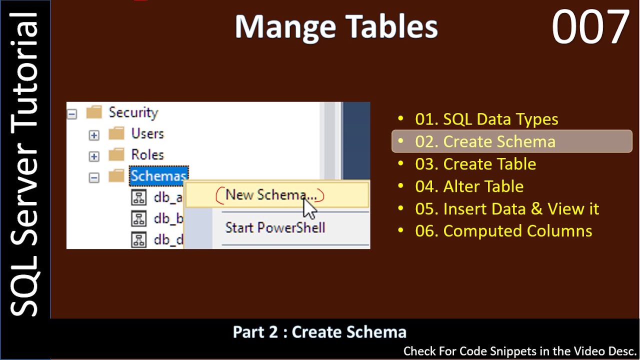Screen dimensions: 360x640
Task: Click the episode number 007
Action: pyautogui.click(x=590, y=27)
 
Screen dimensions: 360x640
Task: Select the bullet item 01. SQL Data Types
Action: pyautogui.click(x=486, y=119)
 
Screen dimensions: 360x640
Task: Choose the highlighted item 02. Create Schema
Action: pyautogui.click(x=485, y=141)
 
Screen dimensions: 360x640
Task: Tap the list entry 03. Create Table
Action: pyautogui.click(x=475, y=164)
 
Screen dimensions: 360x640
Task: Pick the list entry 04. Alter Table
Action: pyautogui.click(x=469, y=186)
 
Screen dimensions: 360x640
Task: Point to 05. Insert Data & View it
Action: pyautogui.click(x=507, y=208)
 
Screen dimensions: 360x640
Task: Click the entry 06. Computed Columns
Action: pyautogui.click(x=503, y=231)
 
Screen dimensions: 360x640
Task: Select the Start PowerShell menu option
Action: pyautogui.click(x=275, y=228)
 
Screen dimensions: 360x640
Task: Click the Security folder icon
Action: pyautogui.click(x=94, y=112)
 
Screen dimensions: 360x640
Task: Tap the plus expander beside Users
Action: pyautogui.click(x=94, y=135)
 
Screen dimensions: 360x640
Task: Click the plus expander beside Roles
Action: pyautogui.click(x=94, y=156)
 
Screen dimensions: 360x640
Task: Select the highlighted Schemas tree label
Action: pyautogui.click(x=158, y=176)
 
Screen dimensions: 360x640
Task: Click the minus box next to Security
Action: pyautogui.click(x=72, y=114)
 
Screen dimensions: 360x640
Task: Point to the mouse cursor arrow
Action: pyautogui.click(x=309, y=206)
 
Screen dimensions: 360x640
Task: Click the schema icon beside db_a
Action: pyautogui.click(x=138, y=197)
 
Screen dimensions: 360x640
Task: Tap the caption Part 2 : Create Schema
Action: pyautogui.click(x=319, y=332)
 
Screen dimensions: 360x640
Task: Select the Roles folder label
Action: pyautogui.click(x=147, y=155)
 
